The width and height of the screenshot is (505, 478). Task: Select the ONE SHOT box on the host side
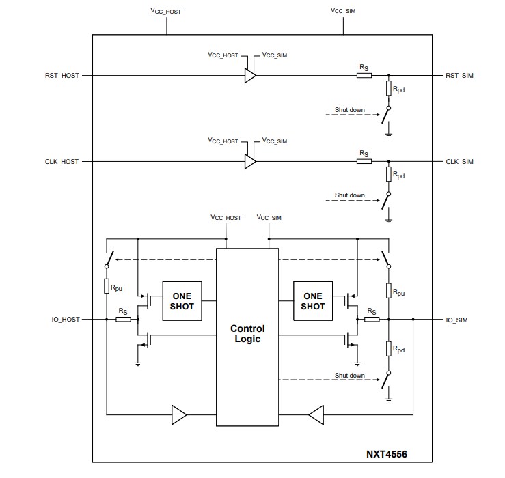click(182, 301)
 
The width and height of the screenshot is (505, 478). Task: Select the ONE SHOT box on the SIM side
click(312, 301)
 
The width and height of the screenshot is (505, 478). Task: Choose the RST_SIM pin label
click(459, 76)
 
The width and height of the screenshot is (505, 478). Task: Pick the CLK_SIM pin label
click(459, 162)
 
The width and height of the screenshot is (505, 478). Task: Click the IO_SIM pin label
click(457, 319)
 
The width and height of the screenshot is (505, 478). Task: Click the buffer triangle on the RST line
click(250, 76)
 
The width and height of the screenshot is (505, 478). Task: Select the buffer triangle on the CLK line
click(250, 162)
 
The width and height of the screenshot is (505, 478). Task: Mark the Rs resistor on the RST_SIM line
click(364, 76)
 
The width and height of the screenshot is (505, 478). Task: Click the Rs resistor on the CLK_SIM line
click(364, 162)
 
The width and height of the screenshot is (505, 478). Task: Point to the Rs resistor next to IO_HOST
click(123, 319)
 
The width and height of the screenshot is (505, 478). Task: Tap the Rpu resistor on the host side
click(107, 287)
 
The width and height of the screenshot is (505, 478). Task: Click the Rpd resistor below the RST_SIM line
click(388, 89)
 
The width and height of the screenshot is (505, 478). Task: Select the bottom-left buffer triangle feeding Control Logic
click(178, 414)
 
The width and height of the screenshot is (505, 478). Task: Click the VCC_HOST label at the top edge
click(165, 12)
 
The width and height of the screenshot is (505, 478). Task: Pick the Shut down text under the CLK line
click(349, 195)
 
